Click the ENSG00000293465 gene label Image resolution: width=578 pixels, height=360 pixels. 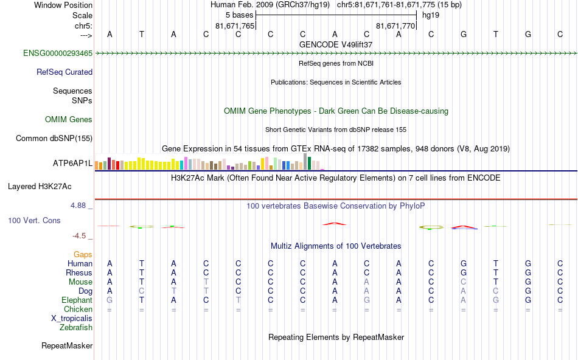click(58, 54)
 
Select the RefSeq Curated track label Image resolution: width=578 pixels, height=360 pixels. click(64, 72)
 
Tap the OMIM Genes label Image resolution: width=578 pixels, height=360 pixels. click(69, 120)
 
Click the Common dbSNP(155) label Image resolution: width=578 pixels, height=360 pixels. click(54, 139)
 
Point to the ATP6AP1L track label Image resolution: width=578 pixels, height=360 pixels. click(72, 164)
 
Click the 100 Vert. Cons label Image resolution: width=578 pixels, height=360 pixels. click(34, 220)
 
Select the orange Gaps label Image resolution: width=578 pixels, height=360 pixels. click(83, 254)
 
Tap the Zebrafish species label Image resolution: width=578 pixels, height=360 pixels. click(76, 327)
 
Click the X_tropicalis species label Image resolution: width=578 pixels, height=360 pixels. click(72, 318)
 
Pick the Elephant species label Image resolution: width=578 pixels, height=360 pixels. click(77, 300)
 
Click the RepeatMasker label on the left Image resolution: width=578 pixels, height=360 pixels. click(67, 346)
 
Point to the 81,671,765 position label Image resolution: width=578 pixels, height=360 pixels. click(235, 26)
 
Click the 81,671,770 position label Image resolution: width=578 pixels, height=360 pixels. click(395, 26)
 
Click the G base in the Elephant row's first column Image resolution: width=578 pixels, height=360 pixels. click(110, 300)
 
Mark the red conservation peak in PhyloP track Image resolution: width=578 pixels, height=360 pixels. click(334, 223)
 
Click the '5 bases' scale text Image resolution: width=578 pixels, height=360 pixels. click(239, 14)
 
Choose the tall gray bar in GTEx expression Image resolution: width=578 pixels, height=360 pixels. click(305, 161)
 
